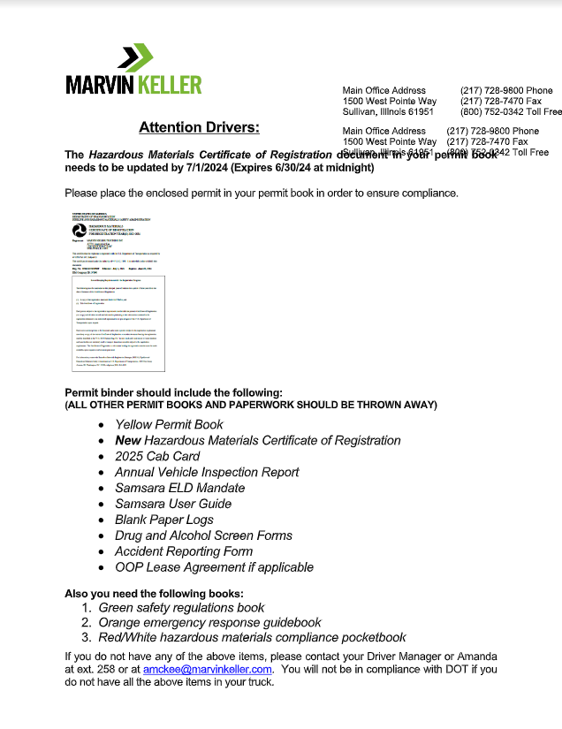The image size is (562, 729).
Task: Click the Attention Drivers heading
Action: point(199,128)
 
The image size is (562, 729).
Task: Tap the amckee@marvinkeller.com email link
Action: point(208,670)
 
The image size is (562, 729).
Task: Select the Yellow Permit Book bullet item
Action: point(169,424)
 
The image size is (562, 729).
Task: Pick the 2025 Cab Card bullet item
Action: point(157,456)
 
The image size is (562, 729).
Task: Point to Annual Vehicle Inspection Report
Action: point(207,472)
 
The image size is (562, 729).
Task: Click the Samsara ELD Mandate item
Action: point(179,488)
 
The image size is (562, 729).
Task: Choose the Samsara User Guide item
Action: point(173,504)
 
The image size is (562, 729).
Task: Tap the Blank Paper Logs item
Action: point(164,520)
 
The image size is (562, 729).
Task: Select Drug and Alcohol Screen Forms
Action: point(203,535)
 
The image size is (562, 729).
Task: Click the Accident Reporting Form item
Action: point(184,551)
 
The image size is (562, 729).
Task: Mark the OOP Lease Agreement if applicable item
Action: point(214,567)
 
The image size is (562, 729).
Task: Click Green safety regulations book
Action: point(181,608)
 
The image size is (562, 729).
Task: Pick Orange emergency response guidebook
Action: point(209,623)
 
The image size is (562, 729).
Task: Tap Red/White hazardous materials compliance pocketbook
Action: point(252,638)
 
